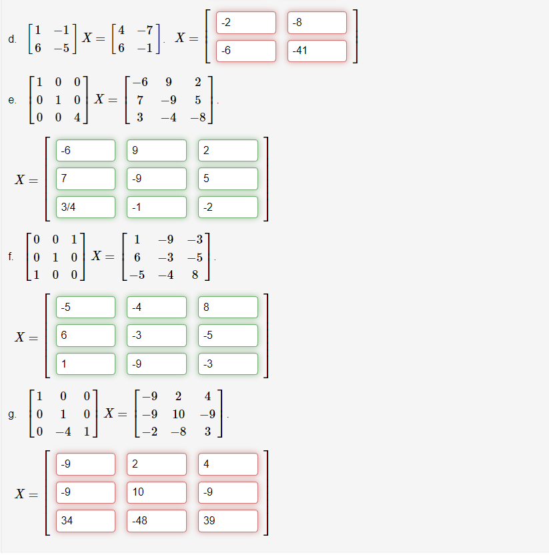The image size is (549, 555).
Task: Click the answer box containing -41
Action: pos(317,51)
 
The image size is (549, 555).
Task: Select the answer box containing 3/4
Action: pos(85,207)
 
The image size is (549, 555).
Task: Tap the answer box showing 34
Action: pos(85,520)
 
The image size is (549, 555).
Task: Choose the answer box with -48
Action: pos(157,520)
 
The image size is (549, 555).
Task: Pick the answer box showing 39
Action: pos(227,520)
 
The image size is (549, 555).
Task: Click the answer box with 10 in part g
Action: pos(157,492)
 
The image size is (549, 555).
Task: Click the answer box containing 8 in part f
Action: pos(227,307)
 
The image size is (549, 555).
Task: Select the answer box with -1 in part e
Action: pos(157,207)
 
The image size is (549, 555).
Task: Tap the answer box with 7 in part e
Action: pos(85,179)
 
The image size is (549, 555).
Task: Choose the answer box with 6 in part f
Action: pos(85,336)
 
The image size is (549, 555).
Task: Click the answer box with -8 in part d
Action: pos(317,23)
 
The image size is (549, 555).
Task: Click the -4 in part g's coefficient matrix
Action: pos(63,431)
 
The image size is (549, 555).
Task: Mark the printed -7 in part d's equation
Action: pos(144,30)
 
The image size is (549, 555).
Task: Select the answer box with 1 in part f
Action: pos(85,364)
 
